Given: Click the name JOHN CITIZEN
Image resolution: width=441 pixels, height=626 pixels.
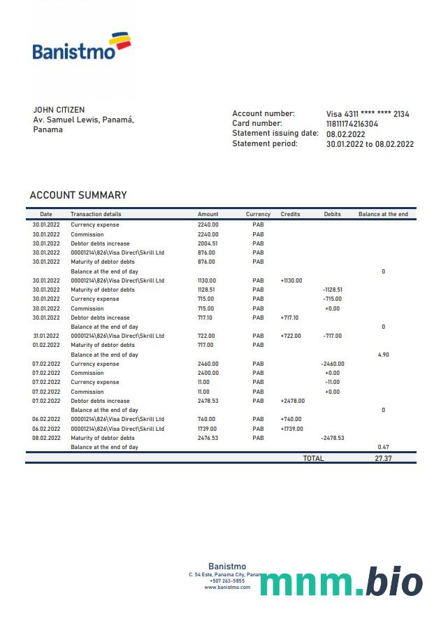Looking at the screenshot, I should [59, 110].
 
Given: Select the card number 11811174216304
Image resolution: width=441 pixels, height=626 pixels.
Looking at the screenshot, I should [352, 124].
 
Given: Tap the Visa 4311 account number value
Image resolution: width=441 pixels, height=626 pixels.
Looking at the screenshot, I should [368, 114].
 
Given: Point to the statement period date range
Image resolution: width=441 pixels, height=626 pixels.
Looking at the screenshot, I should [370, 144].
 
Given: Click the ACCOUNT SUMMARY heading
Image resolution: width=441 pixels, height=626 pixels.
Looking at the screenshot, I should [78, 195].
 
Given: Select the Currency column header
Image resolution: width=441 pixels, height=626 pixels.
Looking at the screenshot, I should [258, 214].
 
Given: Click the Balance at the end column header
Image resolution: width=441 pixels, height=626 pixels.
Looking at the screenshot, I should [383, 214].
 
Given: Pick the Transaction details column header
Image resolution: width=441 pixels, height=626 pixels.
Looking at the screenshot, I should [96, 214].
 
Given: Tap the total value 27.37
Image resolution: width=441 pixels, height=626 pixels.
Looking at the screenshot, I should [383, 458].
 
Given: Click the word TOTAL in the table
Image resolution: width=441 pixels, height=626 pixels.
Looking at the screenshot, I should [313, 458].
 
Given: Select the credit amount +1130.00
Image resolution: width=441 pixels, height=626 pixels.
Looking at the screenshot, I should [291, 280].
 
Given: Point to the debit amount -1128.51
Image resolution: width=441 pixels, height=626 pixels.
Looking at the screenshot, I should [333, 290].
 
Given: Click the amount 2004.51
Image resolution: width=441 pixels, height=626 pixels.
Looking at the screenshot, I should [208, 243].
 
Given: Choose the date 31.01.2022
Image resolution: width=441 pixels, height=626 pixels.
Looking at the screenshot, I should [46, 336].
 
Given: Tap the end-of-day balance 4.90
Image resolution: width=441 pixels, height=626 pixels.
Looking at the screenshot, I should [383, 355].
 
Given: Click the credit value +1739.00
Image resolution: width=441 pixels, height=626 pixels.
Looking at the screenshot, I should [291, 429].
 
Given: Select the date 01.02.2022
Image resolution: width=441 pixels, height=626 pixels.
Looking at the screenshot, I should [46, 345].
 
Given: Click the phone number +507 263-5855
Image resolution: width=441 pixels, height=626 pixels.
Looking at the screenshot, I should [227, 581].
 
